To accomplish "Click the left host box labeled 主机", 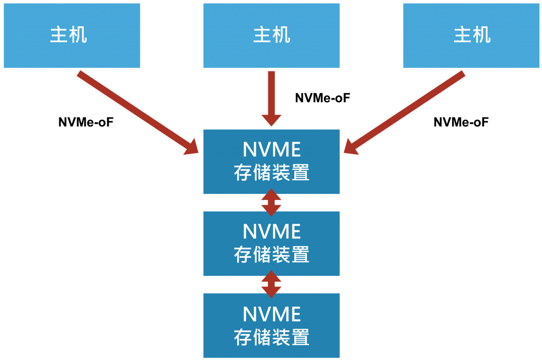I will pyautogui.click(x=71, y=35).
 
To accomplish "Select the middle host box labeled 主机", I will pyautogui.click(x=271, y=35).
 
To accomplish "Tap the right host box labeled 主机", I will pyautogui.click(x=471, y=35).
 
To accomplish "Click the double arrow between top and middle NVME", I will pyautogui.click(x=271, y=202).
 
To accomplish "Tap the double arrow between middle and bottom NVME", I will pyautogui.click(x=271, y=284).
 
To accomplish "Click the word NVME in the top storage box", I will pyautogui.click(x=271, y=150).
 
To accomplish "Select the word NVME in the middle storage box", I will pyautogui.click(x=271, y=232).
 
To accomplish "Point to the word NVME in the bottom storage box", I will pyautogui.click(x=271, y=314).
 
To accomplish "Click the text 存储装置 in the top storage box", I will pyautogui.click(x=271, y=173).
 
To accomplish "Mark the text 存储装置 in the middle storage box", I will pyautogui.click(x=271, y=255).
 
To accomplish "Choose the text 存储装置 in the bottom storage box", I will pyautogui.click(x=271, y=337).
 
